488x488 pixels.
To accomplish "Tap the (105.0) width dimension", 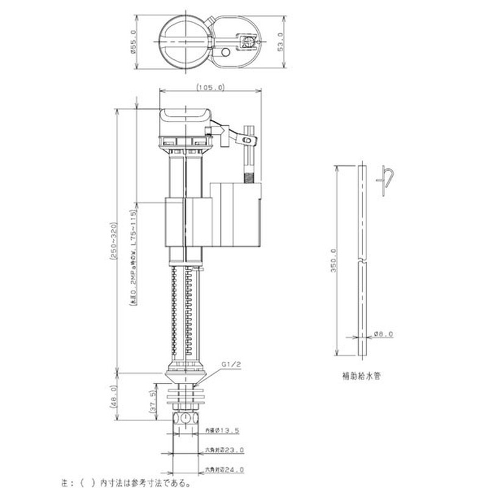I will point(211,88).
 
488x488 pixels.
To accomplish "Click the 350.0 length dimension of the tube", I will point(333,259).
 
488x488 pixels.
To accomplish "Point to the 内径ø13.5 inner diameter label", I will point(221,431).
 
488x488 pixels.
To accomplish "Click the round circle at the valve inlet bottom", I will point(184,420).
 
